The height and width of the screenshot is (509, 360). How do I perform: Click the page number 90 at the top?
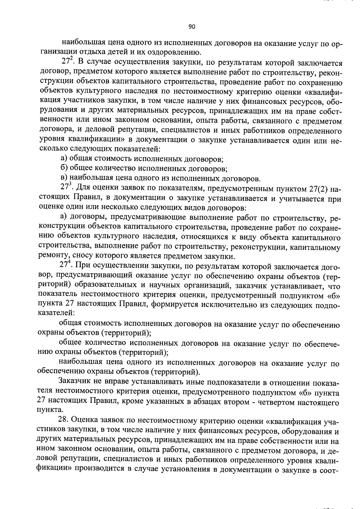[192, 27]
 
